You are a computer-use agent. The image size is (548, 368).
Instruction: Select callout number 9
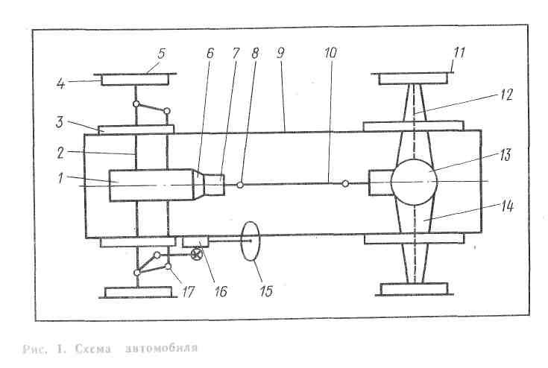coord(281,54)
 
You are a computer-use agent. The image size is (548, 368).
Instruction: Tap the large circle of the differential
coord(415,181)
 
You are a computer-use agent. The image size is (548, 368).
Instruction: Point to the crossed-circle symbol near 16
coord(197,256)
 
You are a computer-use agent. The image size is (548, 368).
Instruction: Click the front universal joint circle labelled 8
coord(240,185)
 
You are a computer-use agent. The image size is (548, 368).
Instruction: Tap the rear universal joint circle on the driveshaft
coord(344,183)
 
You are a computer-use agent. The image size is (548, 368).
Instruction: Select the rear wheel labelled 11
coord(415,78)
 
